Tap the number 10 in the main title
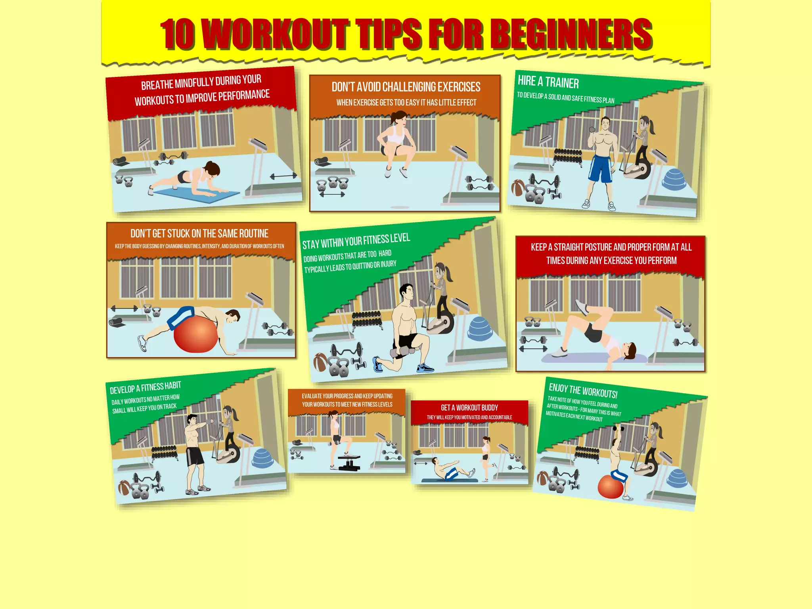click(178, 35)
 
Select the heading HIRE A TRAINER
click(548, 82)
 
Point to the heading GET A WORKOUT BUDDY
click(469, 408)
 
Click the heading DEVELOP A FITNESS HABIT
click(146, 387)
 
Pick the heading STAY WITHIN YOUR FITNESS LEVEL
click(356, 241)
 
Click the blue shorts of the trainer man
click(601, 168)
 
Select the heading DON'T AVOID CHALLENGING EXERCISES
click(406, 87)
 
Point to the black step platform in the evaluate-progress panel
click(349, 462)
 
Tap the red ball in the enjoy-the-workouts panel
click(610, 486)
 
